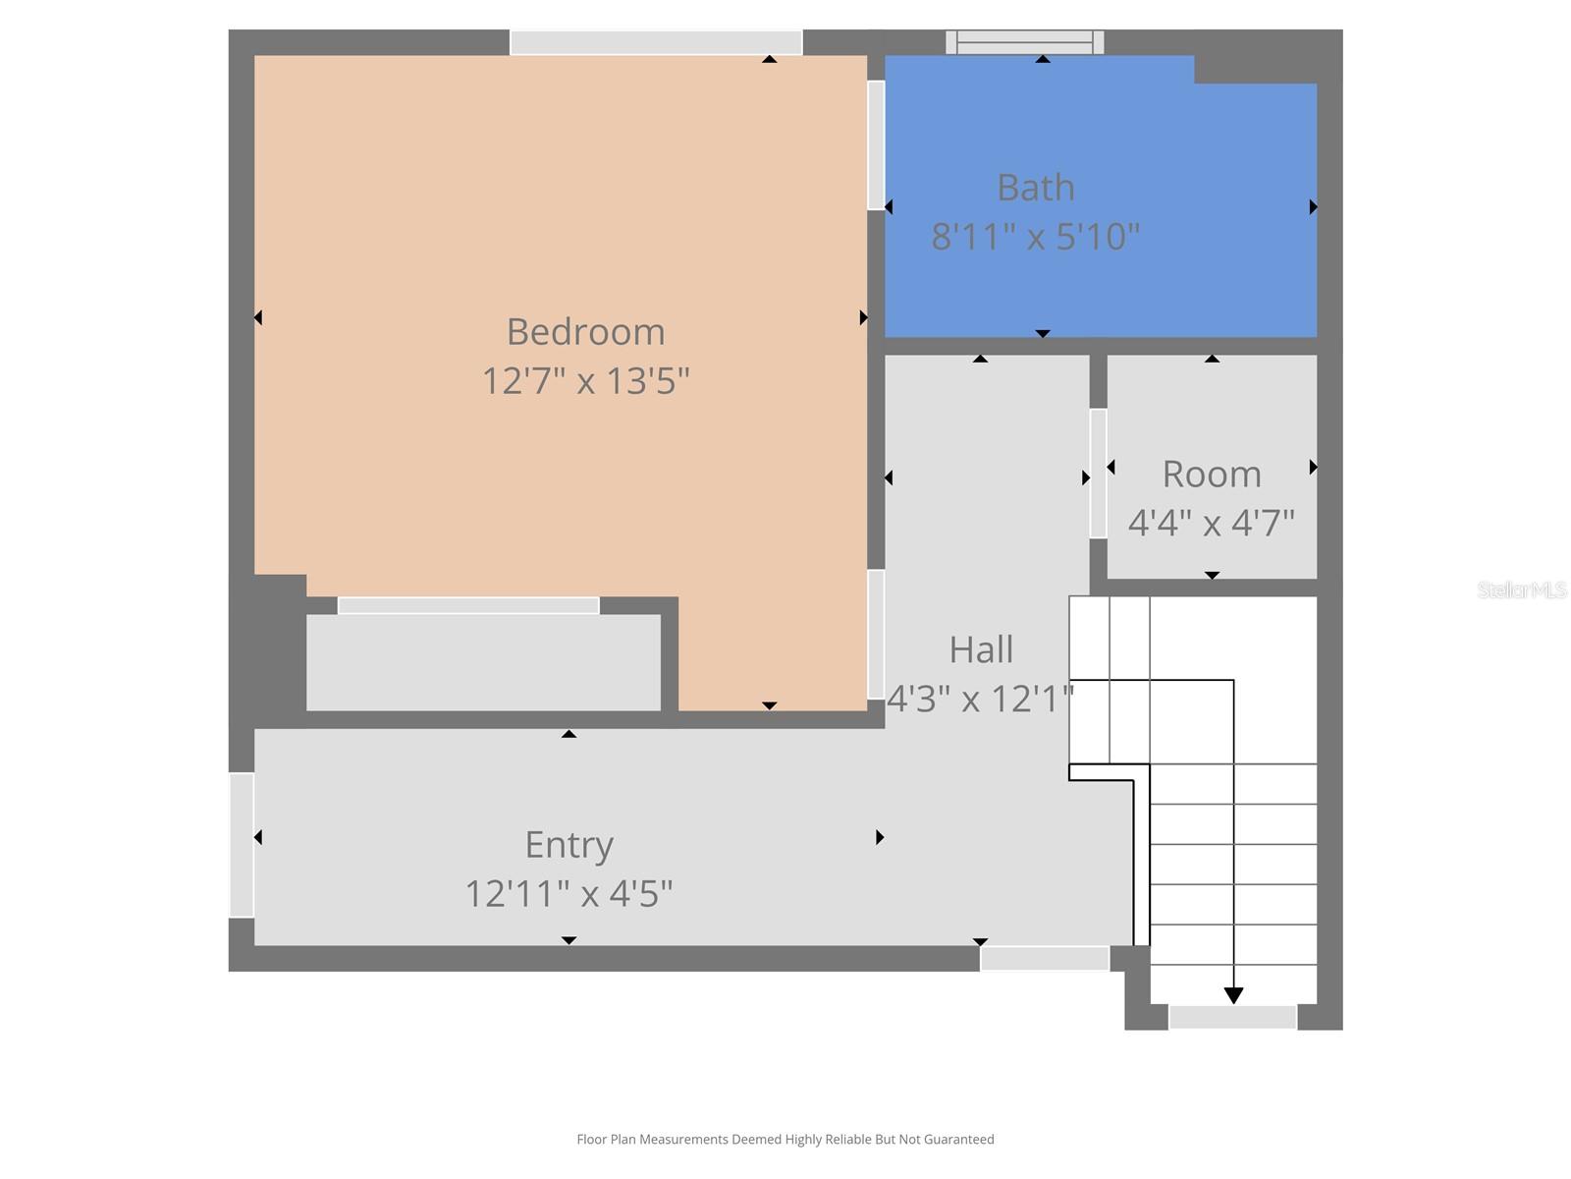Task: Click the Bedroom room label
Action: coord(585,332)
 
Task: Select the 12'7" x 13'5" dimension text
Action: coord(585,380)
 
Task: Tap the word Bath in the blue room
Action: coord(1035,188)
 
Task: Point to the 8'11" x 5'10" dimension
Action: coord(1035,236)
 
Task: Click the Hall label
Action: coord(981,649)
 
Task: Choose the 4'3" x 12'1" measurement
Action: coord(980,699)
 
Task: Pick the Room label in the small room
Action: coord(1211,475)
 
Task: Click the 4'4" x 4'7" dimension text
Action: coord(1211,523)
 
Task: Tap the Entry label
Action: coord(569,845)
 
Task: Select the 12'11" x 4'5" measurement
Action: coord(569,894)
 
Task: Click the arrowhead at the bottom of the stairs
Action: coord(1233,995)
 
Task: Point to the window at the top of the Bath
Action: coord(1025,41)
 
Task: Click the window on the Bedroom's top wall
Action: coord(656,42)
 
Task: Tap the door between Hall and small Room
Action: coord(1098,474)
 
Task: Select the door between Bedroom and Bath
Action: coord(876,144)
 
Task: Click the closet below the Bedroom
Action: coord(483,662)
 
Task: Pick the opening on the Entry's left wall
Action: coord(242,845)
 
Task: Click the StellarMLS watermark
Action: coord(1522,590)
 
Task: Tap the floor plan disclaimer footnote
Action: coord(785,1140)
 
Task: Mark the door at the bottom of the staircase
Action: coord(1232,1017)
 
